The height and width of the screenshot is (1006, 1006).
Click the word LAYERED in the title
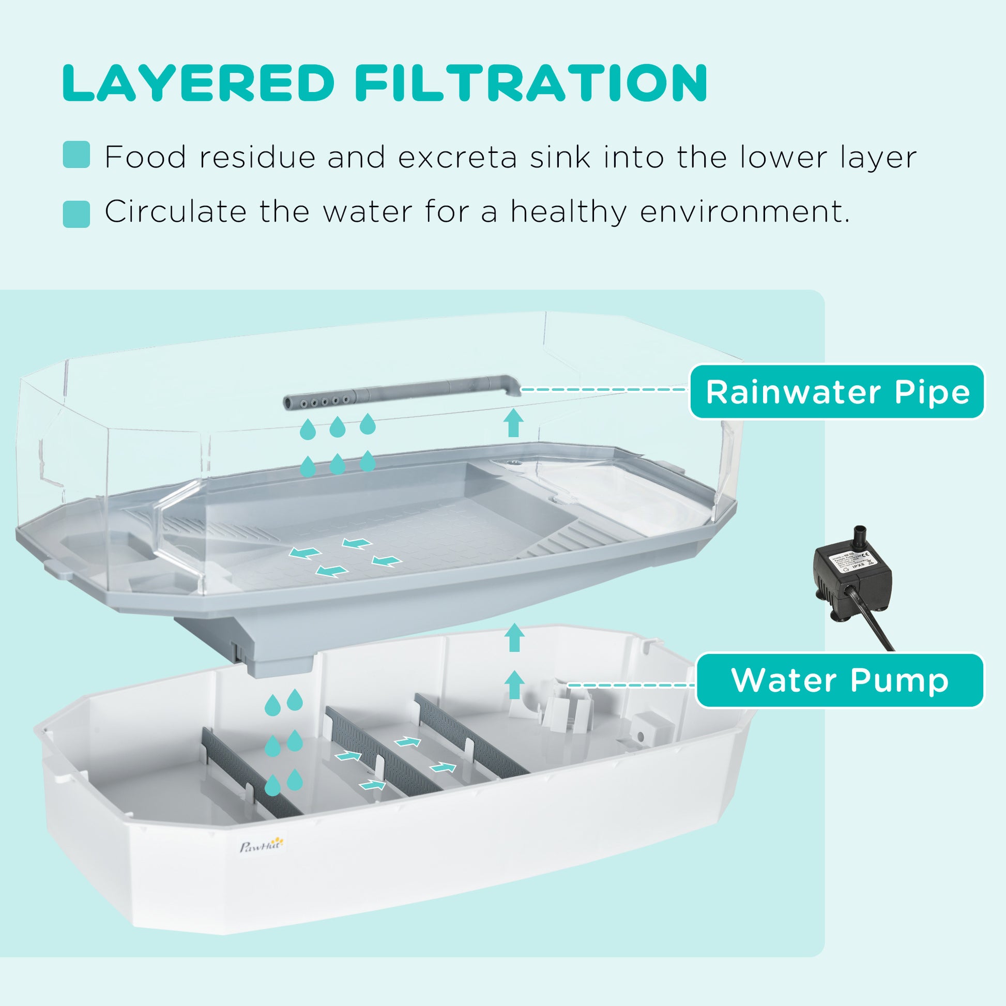coord(198,83)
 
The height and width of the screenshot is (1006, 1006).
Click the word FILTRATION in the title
coord(531,83)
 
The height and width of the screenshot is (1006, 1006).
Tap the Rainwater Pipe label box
coord(837,391)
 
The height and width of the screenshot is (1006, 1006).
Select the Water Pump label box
coord(840,680)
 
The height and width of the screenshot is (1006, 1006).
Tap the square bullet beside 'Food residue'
coord(76,155)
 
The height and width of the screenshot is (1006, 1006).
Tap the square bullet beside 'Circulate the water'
coord(76,214)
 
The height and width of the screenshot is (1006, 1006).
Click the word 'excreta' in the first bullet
coord(457,157)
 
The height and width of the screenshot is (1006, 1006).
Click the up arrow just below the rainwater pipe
coord(514,423)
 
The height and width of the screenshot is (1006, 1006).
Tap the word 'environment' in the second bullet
coord(743,211)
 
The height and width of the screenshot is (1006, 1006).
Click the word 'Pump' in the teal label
coord(900,680)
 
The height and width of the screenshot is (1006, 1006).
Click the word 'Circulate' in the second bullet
coord(175,211)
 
